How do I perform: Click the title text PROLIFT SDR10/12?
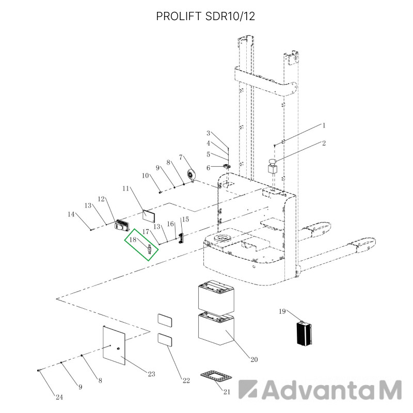point(205,17)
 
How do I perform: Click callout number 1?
point(324,125)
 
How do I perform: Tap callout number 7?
point(181,157)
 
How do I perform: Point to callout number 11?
point(125,188)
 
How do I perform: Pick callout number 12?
point(101,199)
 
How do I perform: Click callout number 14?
point(71,214)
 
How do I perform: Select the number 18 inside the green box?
point(133,240)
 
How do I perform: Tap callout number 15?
point(185,219)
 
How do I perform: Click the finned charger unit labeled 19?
point(304,333)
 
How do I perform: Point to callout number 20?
point(254,359)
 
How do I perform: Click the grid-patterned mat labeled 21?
point(216,376)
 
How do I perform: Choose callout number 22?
point(186,380)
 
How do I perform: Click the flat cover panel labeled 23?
point(114,345)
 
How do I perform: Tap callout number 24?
point(59,397)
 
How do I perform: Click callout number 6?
point(209,168)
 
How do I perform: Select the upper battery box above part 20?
point(216,296)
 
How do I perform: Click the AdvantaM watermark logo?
point(320,389)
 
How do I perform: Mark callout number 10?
point(146,176)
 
